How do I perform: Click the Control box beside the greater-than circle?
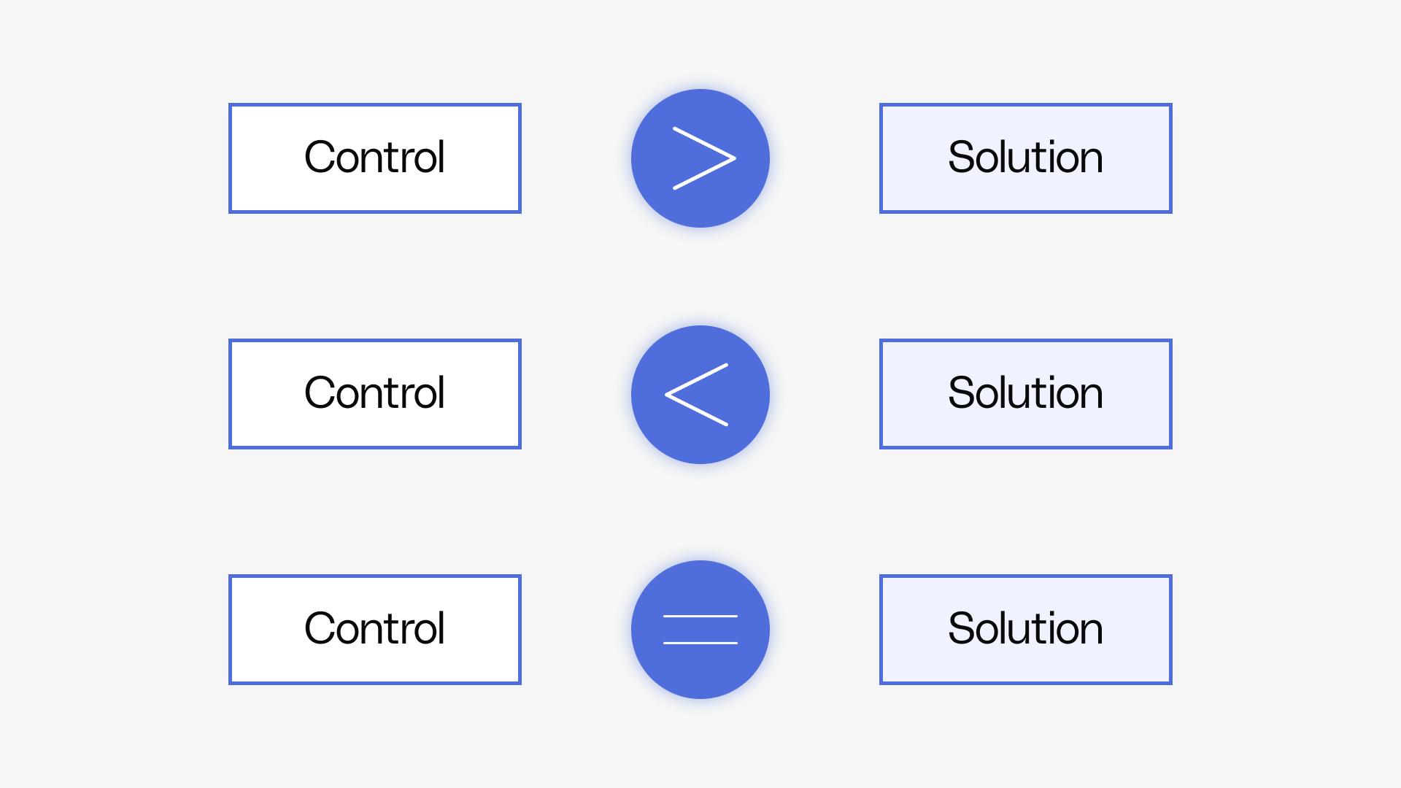pos(374,158)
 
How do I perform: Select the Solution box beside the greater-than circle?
pos(1025,158)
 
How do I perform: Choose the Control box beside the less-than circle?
pos(374,394)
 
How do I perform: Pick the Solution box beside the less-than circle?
pos(1025,394)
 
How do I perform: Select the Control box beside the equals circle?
pos(374,630)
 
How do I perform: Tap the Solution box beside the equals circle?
pos(1025,630)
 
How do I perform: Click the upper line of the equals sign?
pos(700,617)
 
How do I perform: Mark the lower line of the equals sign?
pos(700,643)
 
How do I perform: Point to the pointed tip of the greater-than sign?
pos(734,158)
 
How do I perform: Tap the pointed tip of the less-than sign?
pos(667,394)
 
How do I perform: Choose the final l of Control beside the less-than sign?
pos(440,393)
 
